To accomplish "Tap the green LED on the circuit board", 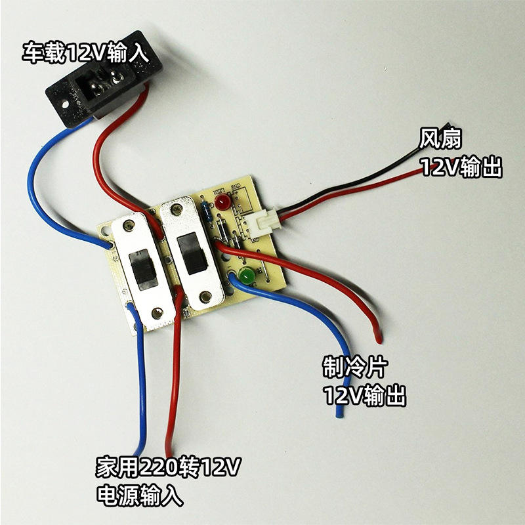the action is (x=247, y=276).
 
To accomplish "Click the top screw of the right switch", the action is (x=175, y=210).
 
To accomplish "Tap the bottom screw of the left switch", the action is (x=156, y=314).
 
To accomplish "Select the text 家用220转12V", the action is (x=169, y=469).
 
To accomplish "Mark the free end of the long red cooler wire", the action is (x=378, y=339).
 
